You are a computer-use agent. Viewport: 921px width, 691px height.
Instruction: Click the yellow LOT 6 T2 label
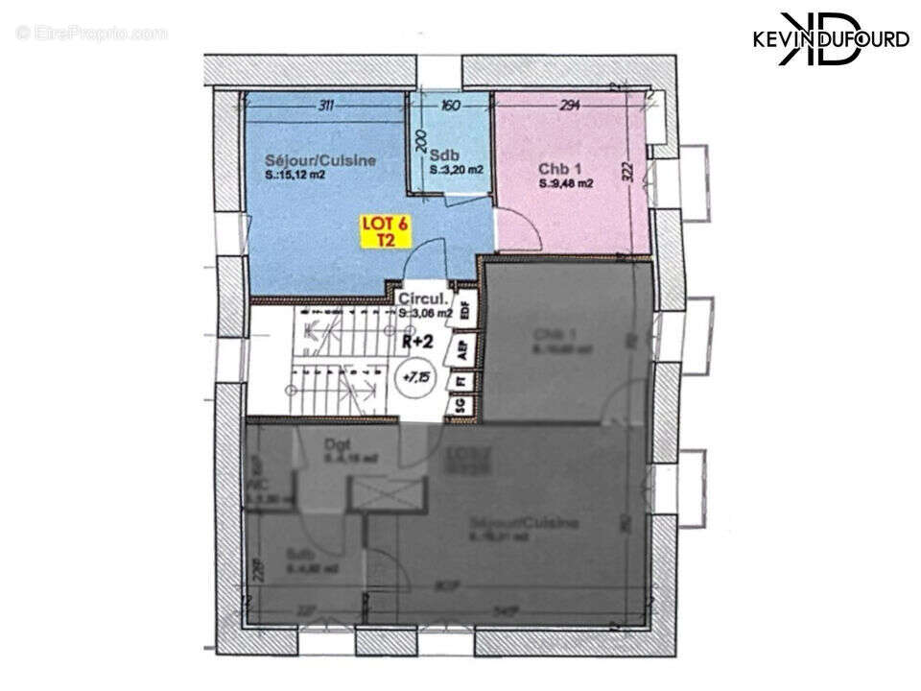point(385,232)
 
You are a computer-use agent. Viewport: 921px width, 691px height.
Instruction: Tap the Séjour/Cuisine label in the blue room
point(320,160)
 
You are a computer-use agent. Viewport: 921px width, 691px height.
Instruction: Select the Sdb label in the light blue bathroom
point(443,155)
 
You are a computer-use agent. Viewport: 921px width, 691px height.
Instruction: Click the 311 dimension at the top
point(324,106)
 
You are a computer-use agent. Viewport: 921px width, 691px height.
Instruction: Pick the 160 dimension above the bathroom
point(450,106)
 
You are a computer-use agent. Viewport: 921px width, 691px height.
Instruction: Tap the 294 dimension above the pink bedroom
point(571,106)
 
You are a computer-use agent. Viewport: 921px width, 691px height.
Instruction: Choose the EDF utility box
point(466,311)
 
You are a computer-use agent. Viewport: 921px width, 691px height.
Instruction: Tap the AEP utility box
point(462,348)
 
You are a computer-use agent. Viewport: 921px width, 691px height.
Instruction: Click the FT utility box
point(461,379)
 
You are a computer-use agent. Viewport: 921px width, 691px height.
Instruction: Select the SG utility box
point(460,406)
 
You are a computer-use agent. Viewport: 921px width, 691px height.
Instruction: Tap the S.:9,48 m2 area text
point(565,183)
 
